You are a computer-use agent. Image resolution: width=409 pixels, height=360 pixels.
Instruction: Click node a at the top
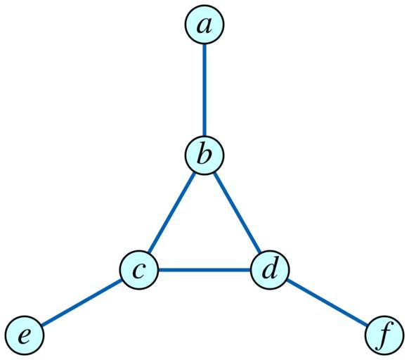coord(204,25)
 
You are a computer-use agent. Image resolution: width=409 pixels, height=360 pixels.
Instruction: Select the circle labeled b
coord(204,155)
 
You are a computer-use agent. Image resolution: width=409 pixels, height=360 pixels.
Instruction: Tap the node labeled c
coord(139,270)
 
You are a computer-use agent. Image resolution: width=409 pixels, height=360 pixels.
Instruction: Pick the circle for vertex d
coord(270,270)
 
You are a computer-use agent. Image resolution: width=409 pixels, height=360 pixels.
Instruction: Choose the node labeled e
coord(25,335)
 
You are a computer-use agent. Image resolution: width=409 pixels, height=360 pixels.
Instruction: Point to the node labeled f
coord(384,335)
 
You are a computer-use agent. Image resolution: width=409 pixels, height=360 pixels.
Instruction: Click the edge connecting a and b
coord(204,89)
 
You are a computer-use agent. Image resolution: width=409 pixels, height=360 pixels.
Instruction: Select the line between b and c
coord(171,212)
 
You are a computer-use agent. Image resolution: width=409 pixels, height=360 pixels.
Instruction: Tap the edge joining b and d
coord(237,212)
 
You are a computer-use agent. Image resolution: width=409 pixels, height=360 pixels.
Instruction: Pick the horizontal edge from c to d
coord(204,270)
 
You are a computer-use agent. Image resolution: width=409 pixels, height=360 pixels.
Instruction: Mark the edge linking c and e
coord(82,302)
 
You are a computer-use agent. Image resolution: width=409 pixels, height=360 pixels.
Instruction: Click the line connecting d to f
coord(327,302)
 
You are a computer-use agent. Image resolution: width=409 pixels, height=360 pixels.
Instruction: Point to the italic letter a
coord(204,26)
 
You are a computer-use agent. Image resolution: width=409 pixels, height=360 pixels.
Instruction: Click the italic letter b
coord(204,153)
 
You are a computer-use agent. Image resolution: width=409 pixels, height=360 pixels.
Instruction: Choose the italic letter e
coord(24,335)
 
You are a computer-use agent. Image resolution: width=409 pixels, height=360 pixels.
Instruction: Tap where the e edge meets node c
coord(122,280)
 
